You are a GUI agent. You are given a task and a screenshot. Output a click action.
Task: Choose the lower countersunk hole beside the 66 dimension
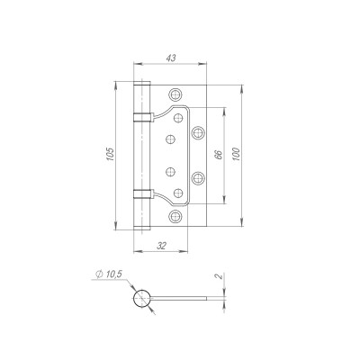[x=198, y=176]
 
